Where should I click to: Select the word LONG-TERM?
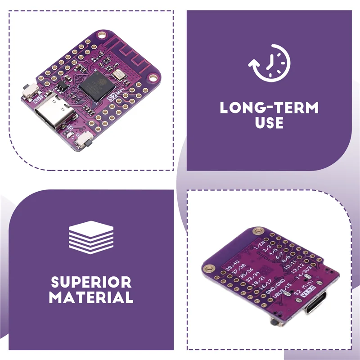pyautogui.click(x=269, y=108)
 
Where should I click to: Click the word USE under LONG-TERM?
pyautogui.click(x=269, y=122)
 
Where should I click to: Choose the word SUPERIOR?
pyautogui.click(x=91, y=283)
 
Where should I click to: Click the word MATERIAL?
pyautogui.click(x=91, y=297)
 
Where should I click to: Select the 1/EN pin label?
pyautogui.click(x=261, y=245)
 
